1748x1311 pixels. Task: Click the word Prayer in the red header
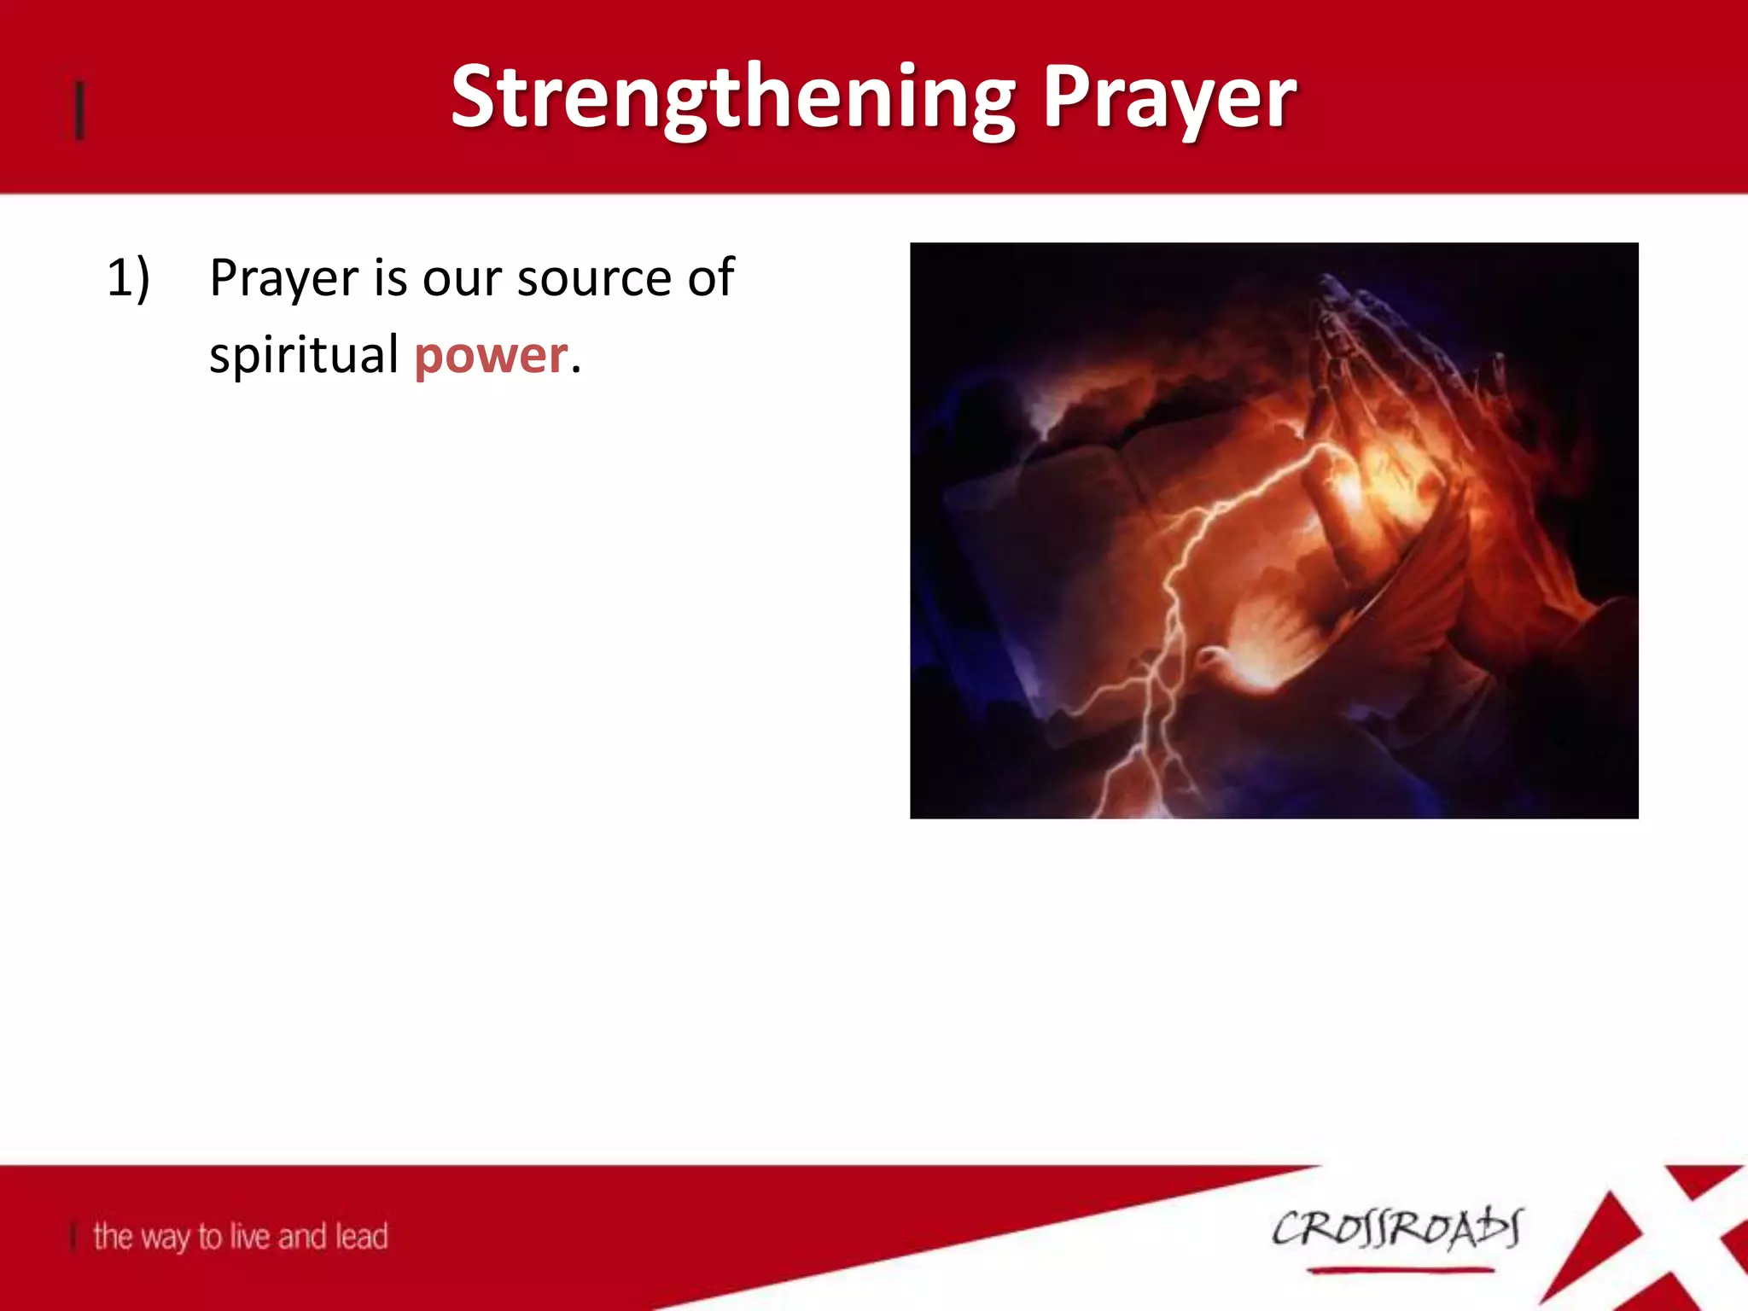[x=1169, y=98]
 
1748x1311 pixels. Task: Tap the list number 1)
[x=128, y=278]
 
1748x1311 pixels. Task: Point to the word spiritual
[x=304, y=355]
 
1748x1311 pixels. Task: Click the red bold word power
[x=491, y=355]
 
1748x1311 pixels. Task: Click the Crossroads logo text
[x=1396, y=1229]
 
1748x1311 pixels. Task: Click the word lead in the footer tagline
[x=362, y=1236]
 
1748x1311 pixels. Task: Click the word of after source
[x=710, y=278]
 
